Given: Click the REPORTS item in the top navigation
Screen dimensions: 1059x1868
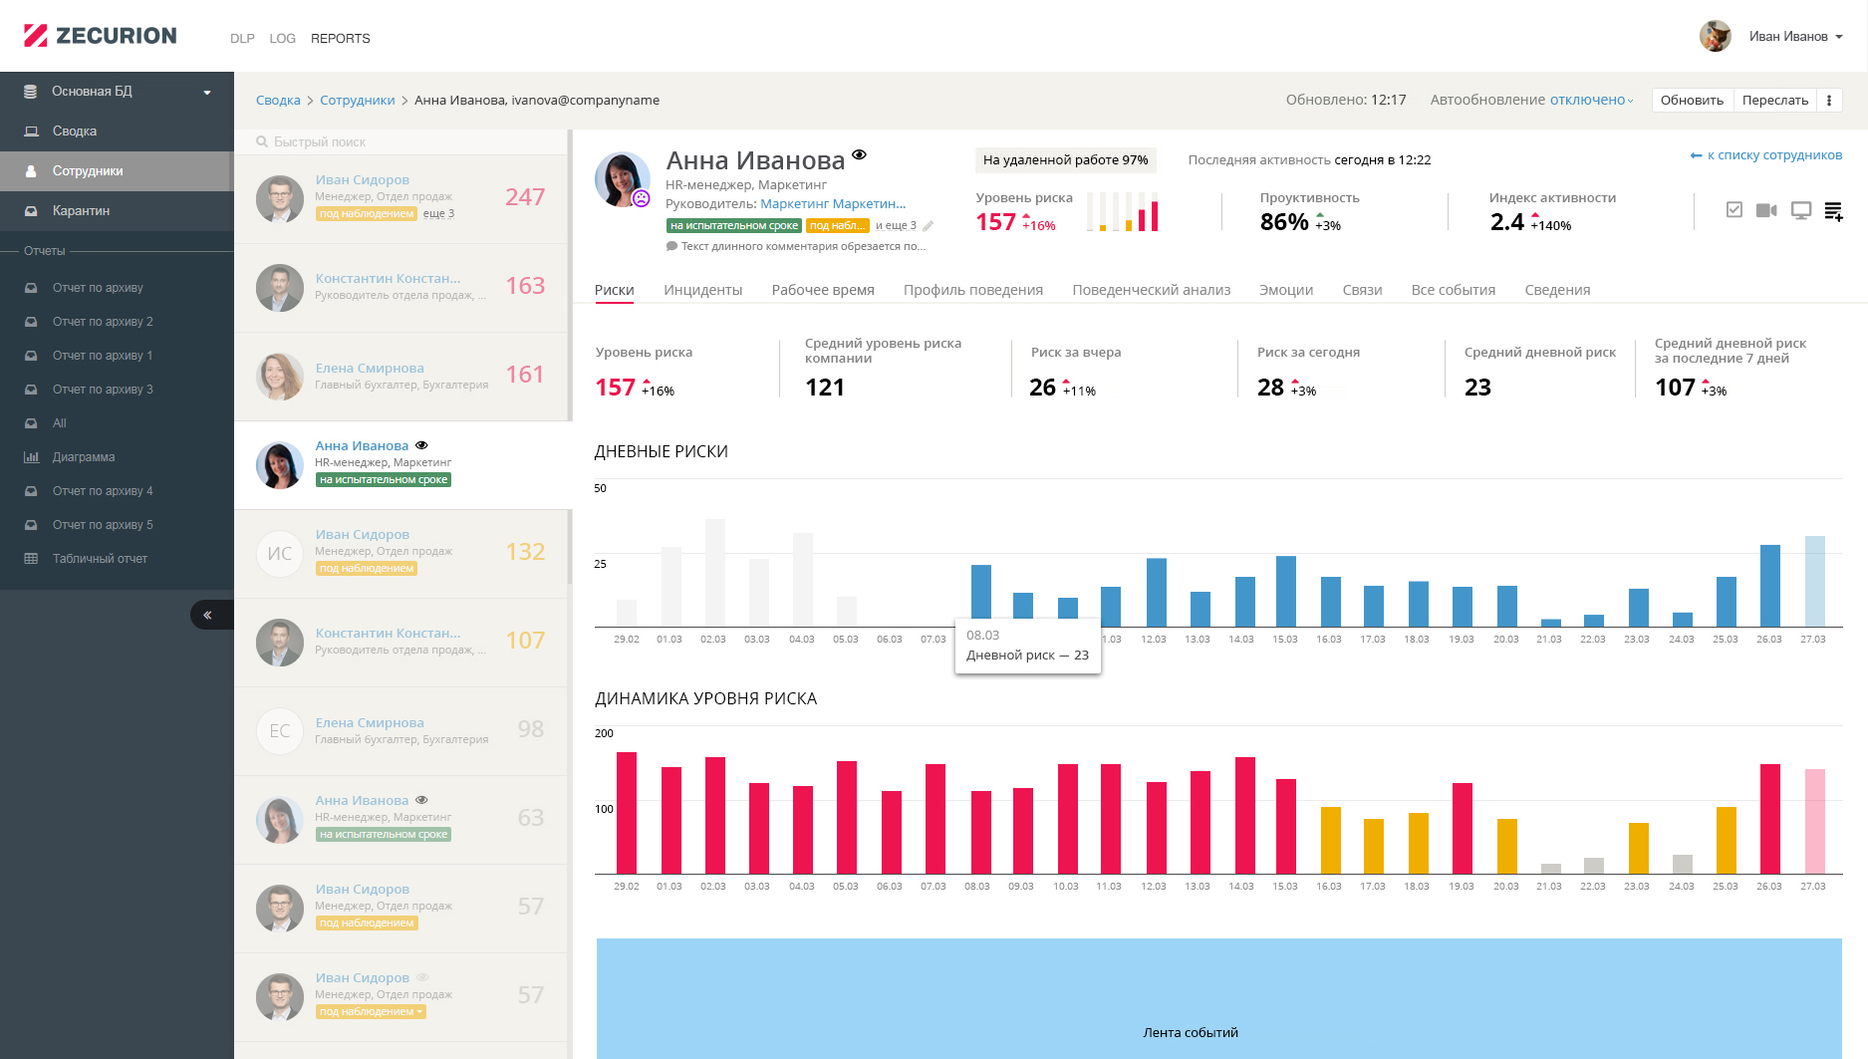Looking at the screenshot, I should pos(340,38).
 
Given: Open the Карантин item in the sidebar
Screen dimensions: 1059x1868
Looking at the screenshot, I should pos(81,211).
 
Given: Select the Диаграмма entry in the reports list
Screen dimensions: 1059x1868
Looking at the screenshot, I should pos(83,457).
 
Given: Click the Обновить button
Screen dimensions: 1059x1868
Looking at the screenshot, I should pos(1692,100).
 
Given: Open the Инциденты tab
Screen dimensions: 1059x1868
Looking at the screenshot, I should pos(702,290).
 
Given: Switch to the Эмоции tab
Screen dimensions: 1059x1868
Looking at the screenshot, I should pos(1285,290).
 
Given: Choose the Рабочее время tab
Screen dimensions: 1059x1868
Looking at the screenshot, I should pos(823,290).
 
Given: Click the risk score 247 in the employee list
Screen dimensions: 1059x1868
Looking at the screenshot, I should pos(524,197).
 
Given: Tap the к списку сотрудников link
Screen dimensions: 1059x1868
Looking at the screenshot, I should pos(1765,155).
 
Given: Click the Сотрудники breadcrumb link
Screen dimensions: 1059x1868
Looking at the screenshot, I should pos(357,101).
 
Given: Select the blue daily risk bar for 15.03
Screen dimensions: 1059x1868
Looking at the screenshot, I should pos(1285,592).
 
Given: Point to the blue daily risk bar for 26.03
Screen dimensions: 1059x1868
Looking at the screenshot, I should pos(1769,586).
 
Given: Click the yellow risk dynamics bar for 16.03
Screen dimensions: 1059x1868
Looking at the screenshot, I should pos(1330,840).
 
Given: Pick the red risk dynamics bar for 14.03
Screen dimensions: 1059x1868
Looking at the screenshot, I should pos(1244,815).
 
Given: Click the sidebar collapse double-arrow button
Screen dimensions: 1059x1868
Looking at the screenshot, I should pos(208,615).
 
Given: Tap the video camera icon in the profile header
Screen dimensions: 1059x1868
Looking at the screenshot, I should pos(1766,210).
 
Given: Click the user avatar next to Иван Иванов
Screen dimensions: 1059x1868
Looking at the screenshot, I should pos(1715,37).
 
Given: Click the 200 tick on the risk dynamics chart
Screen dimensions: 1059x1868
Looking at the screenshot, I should pos(604,733).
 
